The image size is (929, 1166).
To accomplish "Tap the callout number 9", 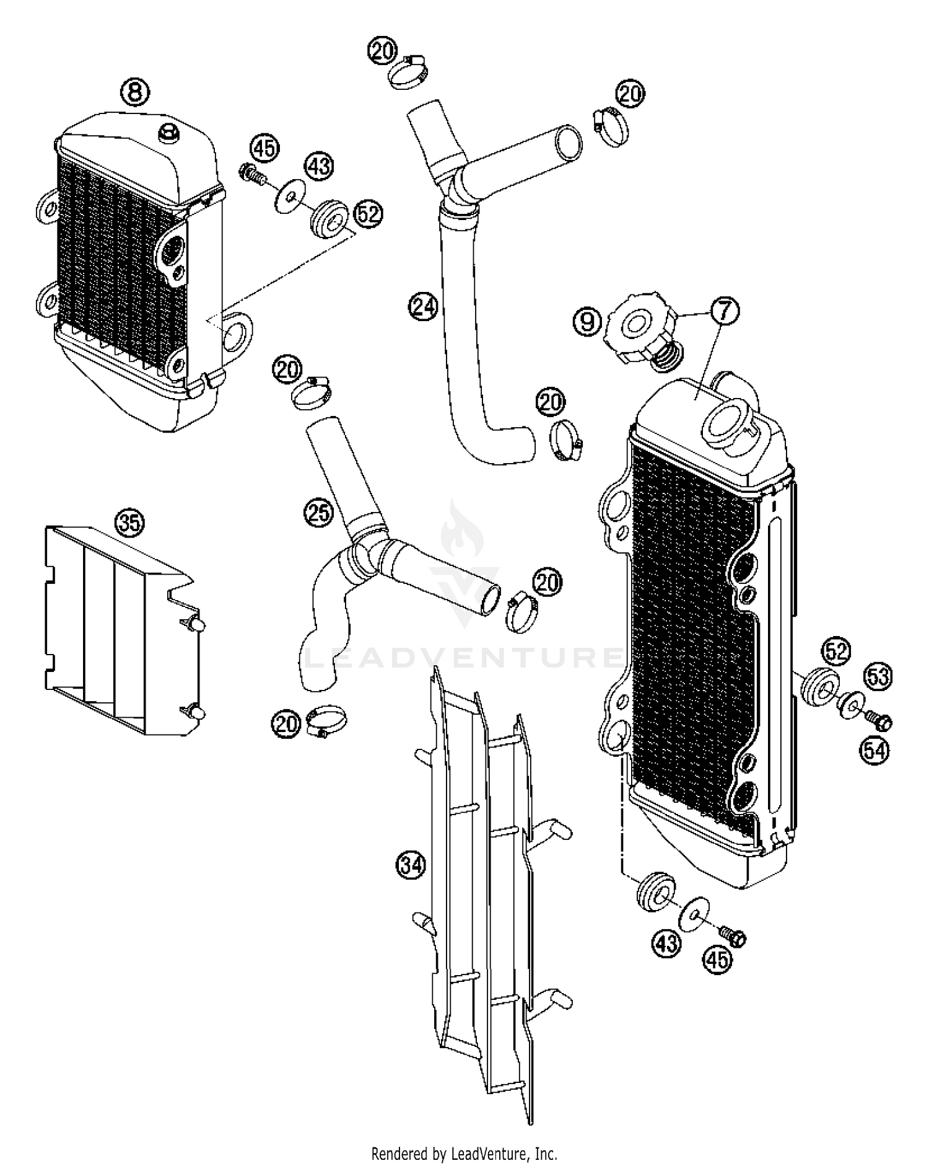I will pyautogui.click(x=587, y=321).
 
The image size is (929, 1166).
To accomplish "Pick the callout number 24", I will pyautogui.click(x=423, y=307).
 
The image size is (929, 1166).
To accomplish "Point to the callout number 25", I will pyautogui.click(x=318, y=513).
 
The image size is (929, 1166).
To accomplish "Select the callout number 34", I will pyautogui.click(x=411, y=863).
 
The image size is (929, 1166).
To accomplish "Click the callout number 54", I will pyautogui.click(x=874, y=751).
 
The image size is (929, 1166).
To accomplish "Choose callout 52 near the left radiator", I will pyautogui.click(x=368, y=214).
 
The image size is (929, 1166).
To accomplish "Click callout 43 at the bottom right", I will pyautogui.click(x=666, y=943).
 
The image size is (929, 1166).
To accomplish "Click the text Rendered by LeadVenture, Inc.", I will pyautogui.click(x=464, y=1154).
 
